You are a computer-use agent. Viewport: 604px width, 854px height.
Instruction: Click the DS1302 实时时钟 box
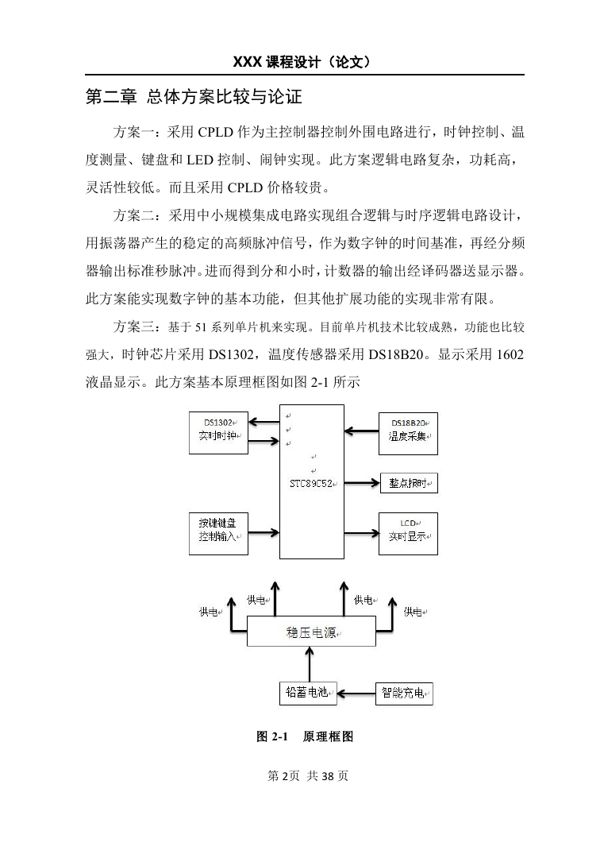click(218, 433)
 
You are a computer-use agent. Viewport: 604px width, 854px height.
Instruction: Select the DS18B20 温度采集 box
click(408, 434)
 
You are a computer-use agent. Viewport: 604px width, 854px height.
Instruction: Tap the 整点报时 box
click(409, 483)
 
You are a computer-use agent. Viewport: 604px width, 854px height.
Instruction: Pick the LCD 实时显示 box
click(408, 534)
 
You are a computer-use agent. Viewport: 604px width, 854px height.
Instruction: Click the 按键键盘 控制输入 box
click(218, 534)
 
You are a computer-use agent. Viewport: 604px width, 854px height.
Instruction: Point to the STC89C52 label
click(311, 483)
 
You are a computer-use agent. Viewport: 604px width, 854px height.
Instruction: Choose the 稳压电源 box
click(311, 632)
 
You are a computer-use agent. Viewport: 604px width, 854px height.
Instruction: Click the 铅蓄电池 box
click(308, 693)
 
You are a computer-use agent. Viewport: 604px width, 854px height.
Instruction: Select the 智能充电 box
click(404, 694)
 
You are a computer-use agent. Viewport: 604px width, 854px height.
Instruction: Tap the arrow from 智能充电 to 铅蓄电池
click(356, 694)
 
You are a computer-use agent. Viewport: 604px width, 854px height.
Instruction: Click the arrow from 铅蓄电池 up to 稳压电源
click(310, 664)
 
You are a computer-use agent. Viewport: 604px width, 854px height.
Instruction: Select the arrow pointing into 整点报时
click(362, 482)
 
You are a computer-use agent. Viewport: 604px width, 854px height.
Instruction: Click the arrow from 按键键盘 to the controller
click(264, 533)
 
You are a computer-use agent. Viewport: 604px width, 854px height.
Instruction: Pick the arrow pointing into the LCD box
click(361, 533)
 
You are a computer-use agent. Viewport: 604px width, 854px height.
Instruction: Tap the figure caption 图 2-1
click(271, 737)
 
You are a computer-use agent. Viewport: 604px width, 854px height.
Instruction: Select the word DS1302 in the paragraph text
click(231, 354)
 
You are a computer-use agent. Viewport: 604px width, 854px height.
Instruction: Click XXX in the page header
click(248, 62)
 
